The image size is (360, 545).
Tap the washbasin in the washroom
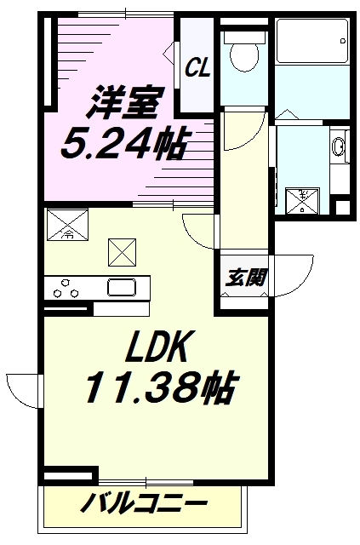coord(339,147)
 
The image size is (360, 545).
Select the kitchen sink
coord(120,287)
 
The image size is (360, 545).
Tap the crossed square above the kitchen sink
coord(120,251)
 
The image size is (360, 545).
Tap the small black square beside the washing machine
coord(342,207)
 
